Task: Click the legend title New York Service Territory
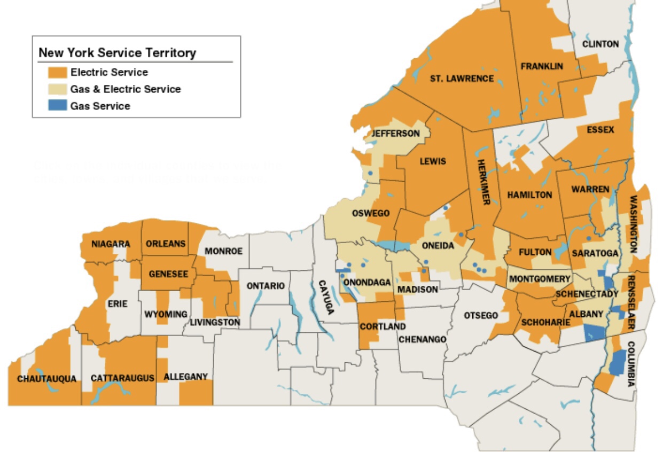point(117,53)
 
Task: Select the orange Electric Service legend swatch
point(57,72)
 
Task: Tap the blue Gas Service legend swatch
point(57,106)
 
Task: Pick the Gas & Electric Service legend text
point(126,89)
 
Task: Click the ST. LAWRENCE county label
point(462,79)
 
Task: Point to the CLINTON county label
point(600,44)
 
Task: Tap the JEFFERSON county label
point(396,133)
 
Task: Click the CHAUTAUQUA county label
point(46,379)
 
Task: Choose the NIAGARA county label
point(111,244)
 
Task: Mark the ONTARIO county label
point(266,286)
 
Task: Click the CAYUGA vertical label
point(323,297)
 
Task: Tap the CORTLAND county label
point(383,326)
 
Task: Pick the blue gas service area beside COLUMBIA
point(617,363)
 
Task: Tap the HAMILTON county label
point(529,195)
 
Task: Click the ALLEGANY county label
point(185,377)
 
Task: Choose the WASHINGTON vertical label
point(634,224)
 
